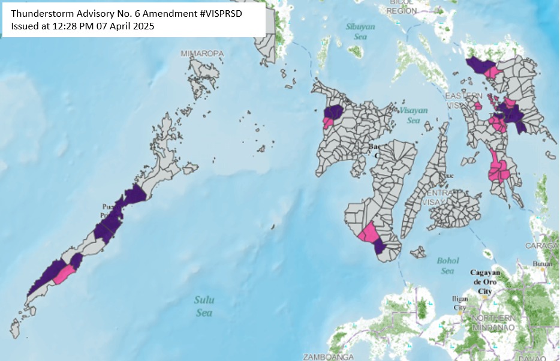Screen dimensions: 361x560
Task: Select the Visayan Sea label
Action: (413, 115)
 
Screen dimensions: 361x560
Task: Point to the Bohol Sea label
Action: (447, 266)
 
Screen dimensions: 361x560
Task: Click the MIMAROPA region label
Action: (203, 54)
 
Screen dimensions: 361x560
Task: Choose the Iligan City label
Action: (459, 303)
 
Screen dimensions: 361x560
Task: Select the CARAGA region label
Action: (542, 246)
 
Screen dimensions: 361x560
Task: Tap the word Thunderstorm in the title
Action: (41, 13)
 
